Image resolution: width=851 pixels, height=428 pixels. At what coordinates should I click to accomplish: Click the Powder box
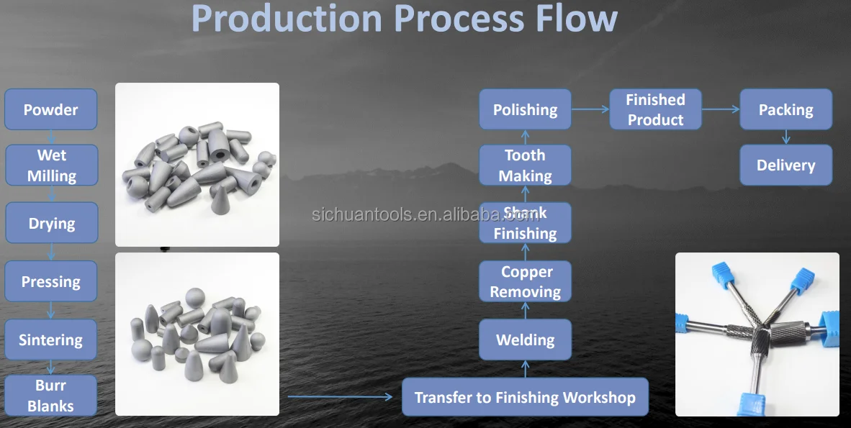click(50, 109)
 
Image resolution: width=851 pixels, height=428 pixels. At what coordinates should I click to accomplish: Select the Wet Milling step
click(52, 165)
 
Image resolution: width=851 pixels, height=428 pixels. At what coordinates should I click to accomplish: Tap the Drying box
click(51, 223)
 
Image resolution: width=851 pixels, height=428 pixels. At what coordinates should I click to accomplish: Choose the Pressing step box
click(50, 281)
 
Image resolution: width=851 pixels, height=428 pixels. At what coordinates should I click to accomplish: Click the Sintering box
click(50, 340)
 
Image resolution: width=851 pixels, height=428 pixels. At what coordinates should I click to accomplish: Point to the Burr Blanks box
click(50, 396)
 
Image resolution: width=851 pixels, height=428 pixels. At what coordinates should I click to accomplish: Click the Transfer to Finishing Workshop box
click(525, 397)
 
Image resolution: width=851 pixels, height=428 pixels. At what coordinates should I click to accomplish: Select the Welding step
click(525, 340)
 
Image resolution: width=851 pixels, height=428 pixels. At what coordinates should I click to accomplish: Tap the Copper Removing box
click(525, 281)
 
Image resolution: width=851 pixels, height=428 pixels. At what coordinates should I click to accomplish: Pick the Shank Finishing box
click(525, 223)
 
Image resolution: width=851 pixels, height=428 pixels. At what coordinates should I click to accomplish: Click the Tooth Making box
click(525, 165)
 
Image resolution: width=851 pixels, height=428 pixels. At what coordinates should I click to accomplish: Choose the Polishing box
click(525, 109)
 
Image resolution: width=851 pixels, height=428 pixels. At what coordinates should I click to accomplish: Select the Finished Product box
click(655, 109)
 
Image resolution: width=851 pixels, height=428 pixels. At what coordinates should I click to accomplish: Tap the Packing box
click(785, 109)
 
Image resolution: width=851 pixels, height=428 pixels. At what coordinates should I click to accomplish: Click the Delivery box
click(785, 165)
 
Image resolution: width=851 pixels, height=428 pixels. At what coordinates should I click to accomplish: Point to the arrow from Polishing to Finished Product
click(590, 109)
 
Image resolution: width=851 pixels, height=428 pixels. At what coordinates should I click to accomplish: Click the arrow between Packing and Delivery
click(785, 137)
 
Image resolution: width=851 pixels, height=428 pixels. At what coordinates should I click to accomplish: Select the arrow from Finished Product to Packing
click(721, 109)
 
